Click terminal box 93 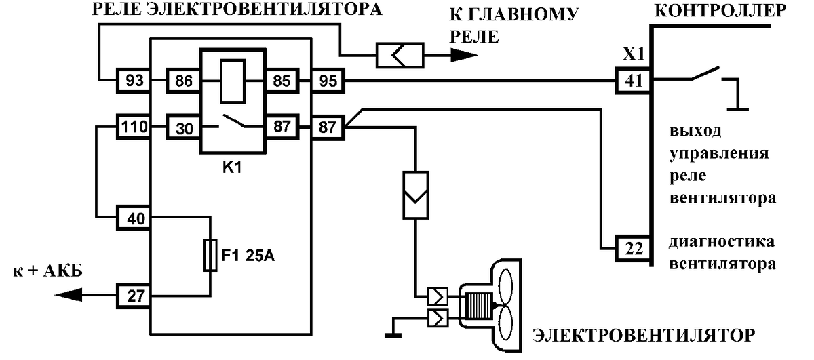[134, 80]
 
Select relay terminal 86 [183, 80]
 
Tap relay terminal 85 [282, 80]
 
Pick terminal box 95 [328, 80]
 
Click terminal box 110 [134, 127]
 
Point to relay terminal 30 [183, 127]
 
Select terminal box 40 [134, 218]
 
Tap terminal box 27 [134, 296]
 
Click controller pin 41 [634, 80]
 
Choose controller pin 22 [634, 249]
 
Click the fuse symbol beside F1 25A [210, 256]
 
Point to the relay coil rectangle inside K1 [233, 81]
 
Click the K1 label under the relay [232, 168]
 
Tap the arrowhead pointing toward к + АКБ [69, 295]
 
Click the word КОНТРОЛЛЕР [720, 11]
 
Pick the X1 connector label [634, 54]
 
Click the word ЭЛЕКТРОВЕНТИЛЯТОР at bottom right [644, 336]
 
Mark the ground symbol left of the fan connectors [393, 335]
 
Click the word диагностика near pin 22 [722, 242]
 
